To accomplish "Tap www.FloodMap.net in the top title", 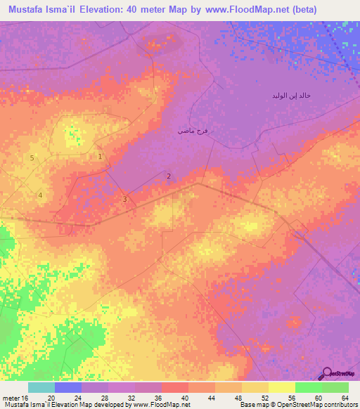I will [x=238, y=10].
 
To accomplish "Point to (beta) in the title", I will [x=301, y=10].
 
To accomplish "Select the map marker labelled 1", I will [x=101, y=157].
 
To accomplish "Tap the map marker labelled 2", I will [x=169, y=176].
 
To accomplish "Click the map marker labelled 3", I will [x=125, y=200].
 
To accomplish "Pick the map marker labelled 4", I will [x=41, y=195].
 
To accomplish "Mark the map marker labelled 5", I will [x=32, y=158].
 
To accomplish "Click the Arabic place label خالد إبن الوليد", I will [x=292, y=95].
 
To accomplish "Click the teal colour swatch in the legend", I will [x=41, y=387].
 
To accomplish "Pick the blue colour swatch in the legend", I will [x=68, y=387].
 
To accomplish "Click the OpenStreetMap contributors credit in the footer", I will [x=298, y=405].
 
